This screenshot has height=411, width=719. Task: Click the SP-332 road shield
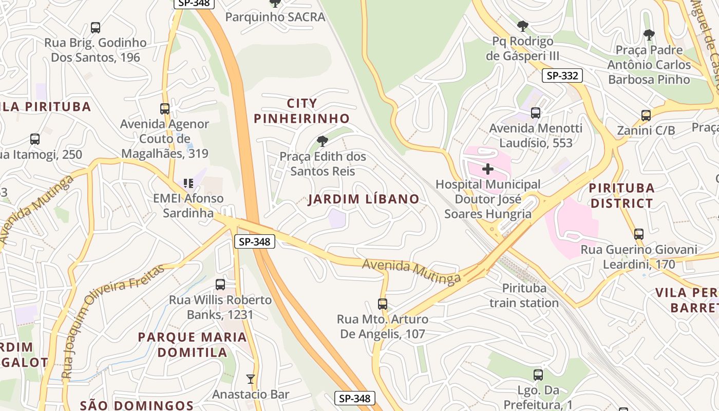point(562,76)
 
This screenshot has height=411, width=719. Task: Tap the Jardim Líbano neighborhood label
point(364,199)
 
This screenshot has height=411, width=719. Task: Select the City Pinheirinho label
point(302,111)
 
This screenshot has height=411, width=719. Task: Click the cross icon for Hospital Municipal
point(488,169)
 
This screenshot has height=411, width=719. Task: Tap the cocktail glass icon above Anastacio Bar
point(251,379)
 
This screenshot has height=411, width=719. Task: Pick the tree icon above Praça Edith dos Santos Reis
point(323,141)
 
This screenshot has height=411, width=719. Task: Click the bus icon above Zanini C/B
point(646,115)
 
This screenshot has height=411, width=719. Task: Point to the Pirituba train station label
point(524,295)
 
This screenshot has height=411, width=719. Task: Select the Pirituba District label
point(621,195)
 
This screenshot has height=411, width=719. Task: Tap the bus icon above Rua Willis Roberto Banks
point(220,284)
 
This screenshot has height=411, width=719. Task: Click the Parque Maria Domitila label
point(193,345)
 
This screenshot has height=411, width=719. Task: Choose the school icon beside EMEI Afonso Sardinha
point(188,183)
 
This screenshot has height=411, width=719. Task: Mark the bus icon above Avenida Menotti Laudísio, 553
point(536,113)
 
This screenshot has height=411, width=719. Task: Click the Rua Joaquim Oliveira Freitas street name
point(113,319)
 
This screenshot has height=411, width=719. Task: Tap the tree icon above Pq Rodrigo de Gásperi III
point(523,25)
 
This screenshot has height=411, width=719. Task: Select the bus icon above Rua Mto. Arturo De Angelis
point(383,304)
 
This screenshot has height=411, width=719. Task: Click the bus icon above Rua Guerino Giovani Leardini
point(639,234)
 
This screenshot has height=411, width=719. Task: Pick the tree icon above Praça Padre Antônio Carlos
point(649,35)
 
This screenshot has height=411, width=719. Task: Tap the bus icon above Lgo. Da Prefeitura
point(538,375)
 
